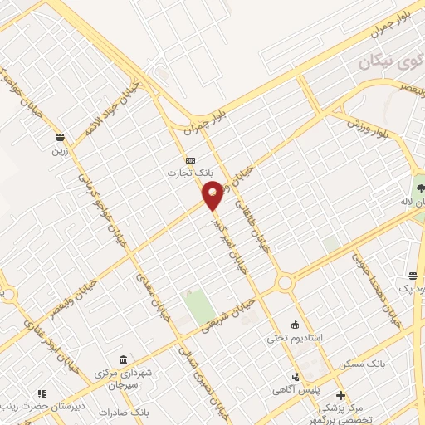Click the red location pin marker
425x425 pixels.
[213, 194]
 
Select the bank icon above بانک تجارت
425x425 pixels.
[190, 159]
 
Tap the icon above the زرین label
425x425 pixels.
[60, 137]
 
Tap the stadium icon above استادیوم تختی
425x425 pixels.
[295, 324]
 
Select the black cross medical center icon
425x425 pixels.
[340, 394]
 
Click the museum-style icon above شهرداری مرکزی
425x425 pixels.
[124, 359]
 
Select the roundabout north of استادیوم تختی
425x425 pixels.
[286, 283]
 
